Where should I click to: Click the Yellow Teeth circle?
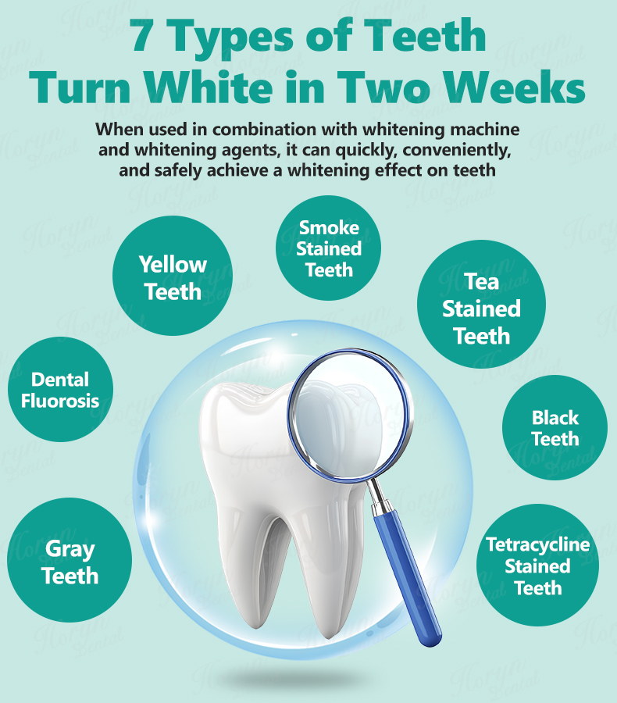pyautogui.click(x=173, y=276)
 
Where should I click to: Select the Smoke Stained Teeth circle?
pyautogui.click(x=328, y=248)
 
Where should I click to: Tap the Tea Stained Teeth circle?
pyautogui.click(x=481, y=305)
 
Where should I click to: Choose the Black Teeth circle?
pyautogui.click(x=555, y=428)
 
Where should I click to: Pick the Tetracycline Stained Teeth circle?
pyautogui.click(x=537, y=565)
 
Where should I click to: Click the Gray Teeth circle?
pyautogui.click(x=70, y=560)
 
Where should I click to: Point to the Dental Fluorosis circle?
pyautogui.click(x=61, y=389)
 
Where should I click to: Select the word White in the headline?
pyautogui.click(x=209, y=85)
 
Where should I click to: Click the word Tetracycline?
pyautogui.click(x=537, y=544)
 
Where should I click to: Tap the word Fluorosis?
pyautogui.click(x=60, y=401)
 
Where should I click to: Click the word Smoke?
pyautogui.click(x=329, y=228)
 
